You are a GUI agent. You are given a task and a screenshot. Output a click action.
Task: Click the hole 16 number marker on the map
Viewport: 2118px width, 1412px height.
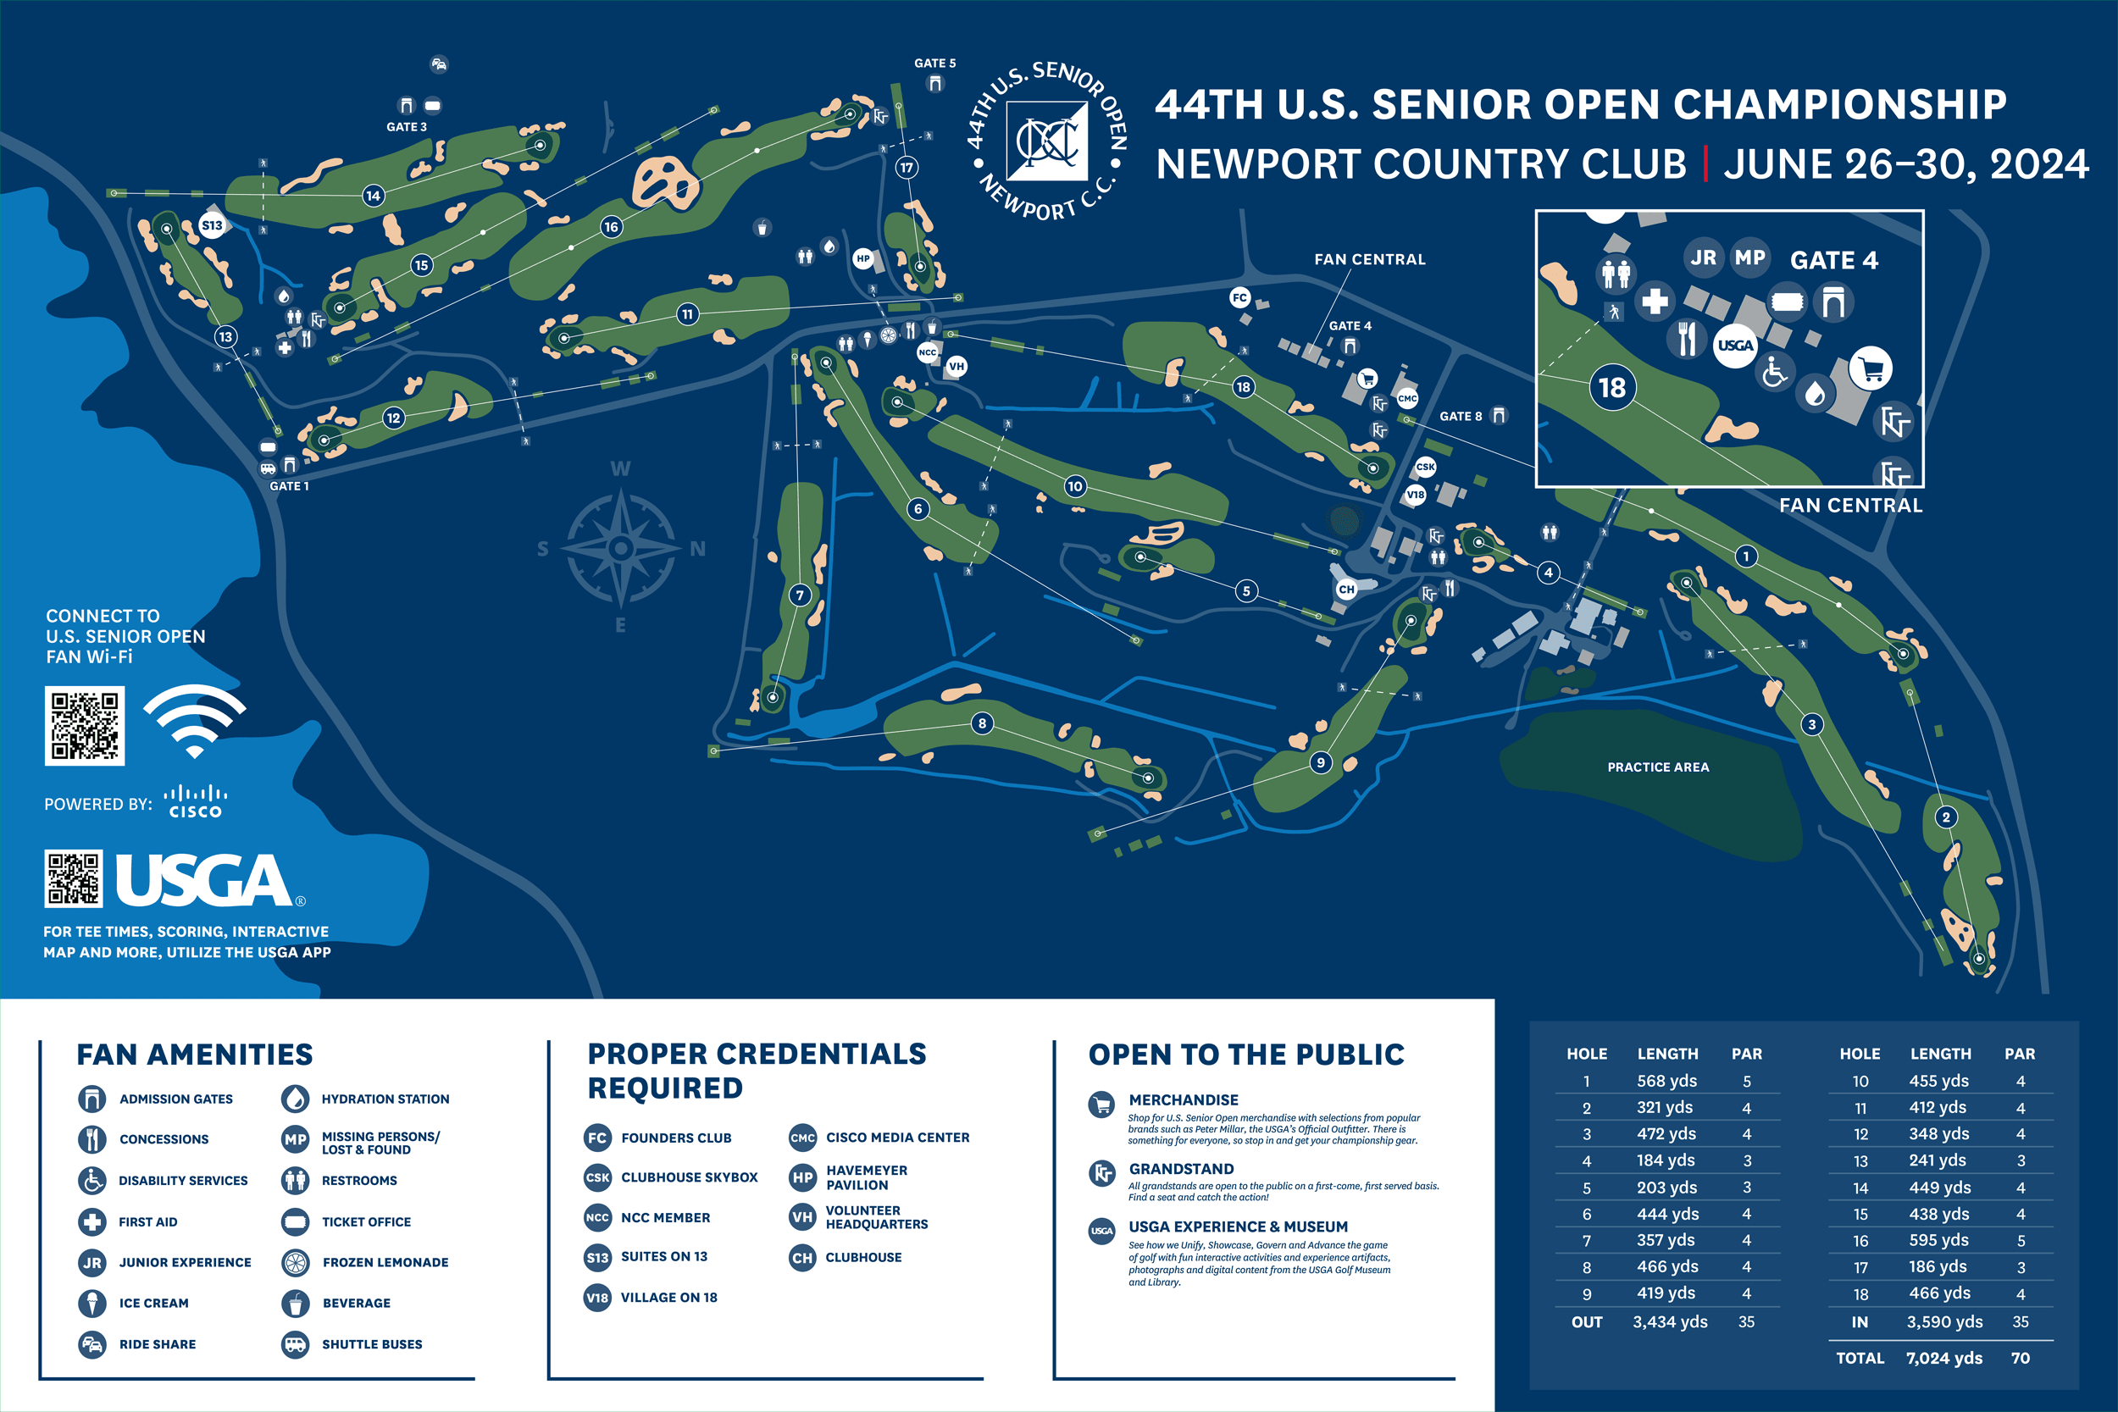tap(612, 227)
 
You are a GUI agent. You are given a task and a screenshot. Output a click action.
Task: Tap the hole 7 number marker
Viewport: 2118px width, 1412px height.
tap(800, 595)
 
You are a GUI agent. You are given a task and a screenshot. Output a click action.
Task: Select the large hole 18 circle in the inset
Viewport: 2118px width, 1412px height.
tap(1612, 388)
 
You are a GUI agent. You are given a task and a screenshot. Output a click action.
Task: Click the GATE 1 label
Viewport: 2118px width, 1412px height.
tap(289, 486)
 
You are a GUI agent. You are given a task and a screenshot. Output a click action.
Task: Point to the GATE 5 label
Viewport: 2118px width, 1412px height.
tap(934, 63)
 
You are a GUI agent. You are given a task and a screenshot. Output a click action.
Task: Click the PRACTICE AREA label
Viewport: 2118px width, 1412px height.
tap(1658, 767)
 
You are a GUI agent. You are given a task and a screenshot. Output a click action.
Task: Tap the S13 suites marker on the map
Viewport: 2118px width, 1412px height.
tap(212, 226)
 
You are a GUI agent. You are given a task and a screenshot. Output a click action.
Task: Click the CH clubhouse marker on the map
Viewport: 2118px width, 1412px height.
tap(1346, 590)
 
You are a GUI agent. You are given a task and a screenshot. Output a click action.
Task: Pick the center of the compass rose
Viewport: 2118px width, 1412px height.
tap(620, 547)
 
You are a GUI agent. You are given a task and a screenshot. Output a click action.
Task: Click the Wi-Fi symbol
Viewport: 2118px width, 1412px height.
tap(195, 721)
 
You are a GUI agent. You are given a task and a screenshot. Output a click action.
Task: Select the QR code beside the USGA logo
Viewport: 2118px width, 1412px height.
tap(74, 879)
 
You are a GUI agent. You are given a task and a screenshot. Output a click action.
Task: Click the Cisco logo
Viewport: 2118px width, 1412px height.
tap(196, 801)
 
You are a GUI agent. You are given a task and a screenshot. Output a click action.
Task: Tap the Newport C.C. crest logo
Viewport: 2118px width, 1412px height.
tap(1046, 141)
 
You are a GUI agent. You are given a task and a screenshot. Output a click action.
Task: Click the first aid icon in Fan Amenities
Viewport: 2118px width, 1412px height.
tap(91, 1222)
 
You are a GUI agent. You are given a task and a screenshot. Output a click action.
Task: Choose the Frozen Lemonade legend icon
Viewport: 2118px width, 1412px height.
tap(296, 1263)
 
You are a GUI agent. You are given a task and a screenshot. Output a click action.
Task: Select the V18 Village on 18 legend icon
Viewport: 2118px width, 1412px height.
tap(597, 1298)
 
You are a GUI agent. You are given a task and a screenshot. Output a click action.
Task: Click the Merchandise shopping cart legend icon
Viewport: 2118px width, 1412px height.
tap(1101, 1104)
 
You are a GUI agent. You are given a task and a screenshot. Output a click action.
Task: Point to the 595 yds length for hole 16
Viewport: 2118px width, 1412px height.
tap(1938, 1240)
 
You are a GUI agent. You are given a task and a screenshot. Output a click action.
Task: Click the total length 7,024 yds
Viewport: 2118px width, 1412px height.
tap(1943, 1358)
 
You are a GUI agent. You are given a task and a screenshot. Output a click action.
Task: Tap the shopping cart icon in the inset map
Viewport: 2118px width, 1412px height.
tap(1871, 368)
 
